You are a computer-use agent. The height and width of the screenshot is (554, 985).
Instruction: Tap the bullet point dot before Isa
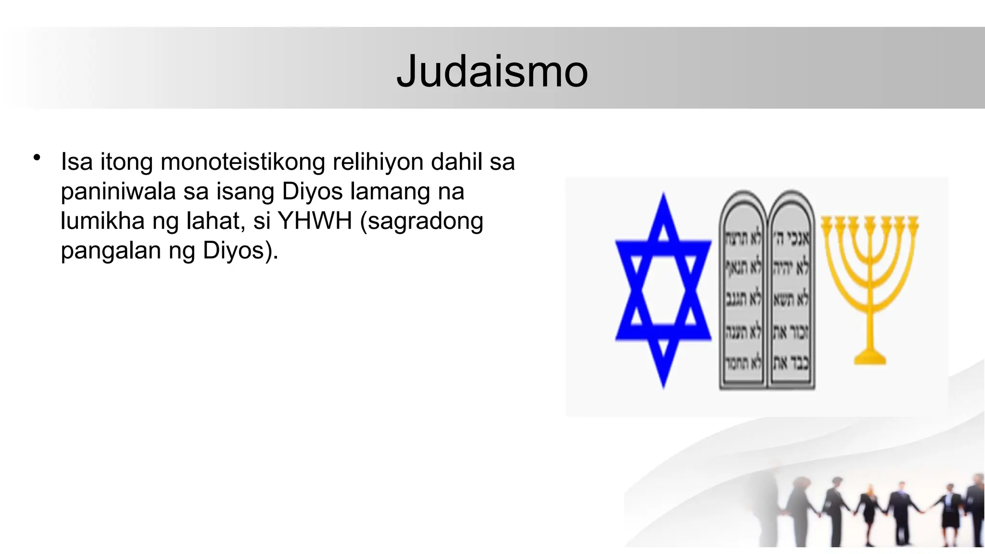[37, 157]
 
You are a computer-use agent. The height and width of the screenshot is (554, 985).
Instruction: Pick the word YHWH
[315, 221]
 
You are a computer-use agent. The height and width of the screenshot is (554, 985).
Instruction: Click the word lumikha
[102, 221]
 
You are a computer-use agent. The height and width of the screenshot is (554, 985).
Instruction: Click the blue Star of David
[663, 290]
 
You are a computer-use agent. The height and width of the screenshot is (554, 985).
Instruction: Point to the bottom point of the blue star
[664, 385]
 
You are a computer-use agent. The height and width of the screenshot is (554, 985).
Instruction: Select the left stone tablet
[743, 290]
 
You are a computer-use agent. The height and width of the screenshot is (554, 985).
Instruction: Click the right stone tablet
[791, 290]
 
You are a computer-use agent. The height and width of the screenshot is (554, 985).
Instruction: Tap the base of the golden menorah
[870, 358]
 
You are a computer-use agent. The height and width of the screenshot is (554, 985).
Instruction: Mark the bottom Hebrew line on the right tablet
[791, 363]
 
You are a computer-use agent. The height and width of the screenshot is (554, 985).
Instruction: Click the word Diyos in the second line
[313, 191]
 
